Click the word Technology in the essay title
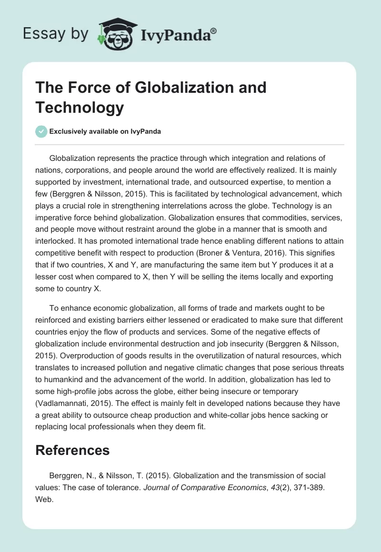click(x=80, y=108)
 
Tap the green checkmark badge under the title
click(x=41, y=131)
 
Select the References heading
click(x=72, y=450)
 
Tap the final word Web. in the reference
click(x=45, y=499)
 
